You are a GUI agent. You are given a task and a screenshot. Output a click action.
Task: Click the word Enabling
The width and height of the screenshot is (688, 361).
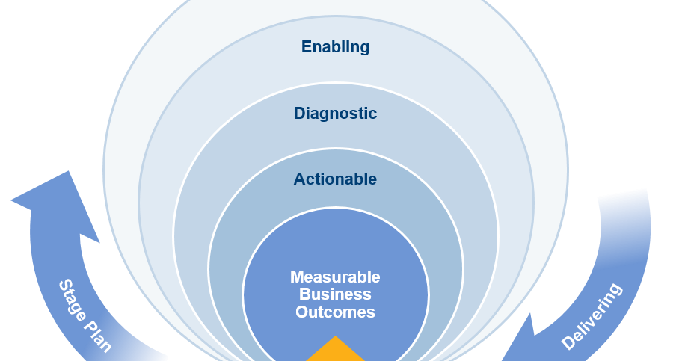[x=335, y=46]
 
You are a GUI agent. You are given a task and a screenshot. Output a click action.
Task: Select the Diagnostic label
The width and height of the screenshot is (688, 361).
[x=335, y=114]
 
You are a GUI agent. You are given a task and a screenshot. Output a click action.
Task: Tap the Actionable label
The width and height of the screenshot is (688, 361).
[x=335, y=179]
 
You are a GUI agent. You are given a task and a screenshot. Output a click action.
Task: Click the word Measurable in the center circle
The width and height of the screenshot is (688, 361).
[x=335, y=277]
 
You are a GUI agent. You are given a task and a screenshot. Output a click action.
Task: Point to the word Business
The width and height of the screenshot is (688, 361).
[x=335, y=294]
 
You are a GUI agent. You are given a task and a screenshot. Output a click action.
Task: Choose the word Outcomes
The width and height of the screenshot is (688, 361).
[x=335, y=312]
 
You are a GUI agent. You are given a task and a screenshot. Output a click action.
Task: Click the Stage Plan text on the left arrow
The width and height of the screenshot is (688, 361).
[x=85, y=315]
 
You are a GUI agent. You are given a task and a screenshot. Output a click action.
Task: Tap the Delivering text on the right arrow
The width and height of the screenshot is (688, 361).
[x=592, y=316]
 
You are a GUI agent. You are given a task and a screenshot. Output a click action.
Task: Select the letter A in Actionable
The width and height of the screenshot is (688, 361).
[x=299, y=179]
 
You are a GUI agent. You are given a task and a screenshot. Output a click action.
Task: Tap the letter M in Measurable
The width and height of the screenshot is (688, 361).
[x=297, y=277]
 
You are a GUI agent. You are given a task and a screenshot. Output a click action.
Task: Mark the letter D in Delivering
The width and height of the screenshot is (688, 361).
[x=568, y=343]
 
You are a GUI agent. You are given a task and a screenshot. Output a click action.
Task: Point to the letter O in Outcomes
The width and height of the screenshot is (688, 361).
[x=301, y=312]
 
